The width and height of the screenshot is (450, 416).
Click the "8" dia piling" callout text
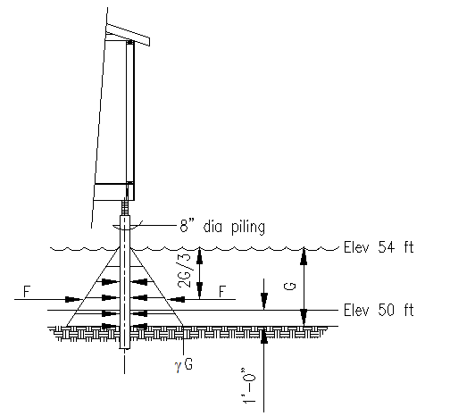222,227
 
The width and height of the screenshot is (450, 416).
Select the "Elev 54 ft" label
379,247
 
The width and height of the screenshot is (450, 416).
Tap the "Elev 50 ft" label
379,310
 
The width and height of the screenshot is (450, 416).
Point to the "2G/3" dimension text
184,270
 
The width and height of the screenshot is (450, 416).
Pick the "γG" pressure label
184,364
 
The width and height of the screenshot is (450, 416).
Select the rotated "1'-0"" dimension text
249,386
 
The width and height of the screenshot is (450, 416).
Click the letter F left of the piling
27,292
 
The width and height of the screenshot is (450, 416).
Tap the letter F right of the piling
222,292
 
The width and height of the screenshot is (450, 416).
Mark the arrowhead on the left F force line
72,299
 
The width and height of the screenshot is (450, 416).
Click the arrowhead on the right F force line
177,299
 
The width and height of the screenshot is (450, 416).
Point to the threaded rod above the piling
125,207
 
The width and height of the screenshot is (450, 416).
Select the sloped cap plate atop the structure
128,35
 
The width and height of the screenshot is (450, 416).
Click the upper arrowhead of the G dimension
304,256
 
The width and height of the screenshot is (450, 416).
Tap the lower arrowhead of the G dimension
304,317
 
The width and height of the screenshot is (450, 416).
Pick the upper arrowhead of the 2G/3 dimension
199,256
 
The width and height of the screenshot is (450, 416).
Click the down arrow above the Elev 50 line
263,301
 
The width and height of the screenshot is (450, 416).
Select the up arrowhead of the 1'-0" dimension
263,336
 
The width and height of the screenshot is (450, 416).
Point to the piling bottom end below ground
125,348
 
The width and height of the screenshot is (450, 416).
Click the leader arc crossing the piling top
127,229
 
